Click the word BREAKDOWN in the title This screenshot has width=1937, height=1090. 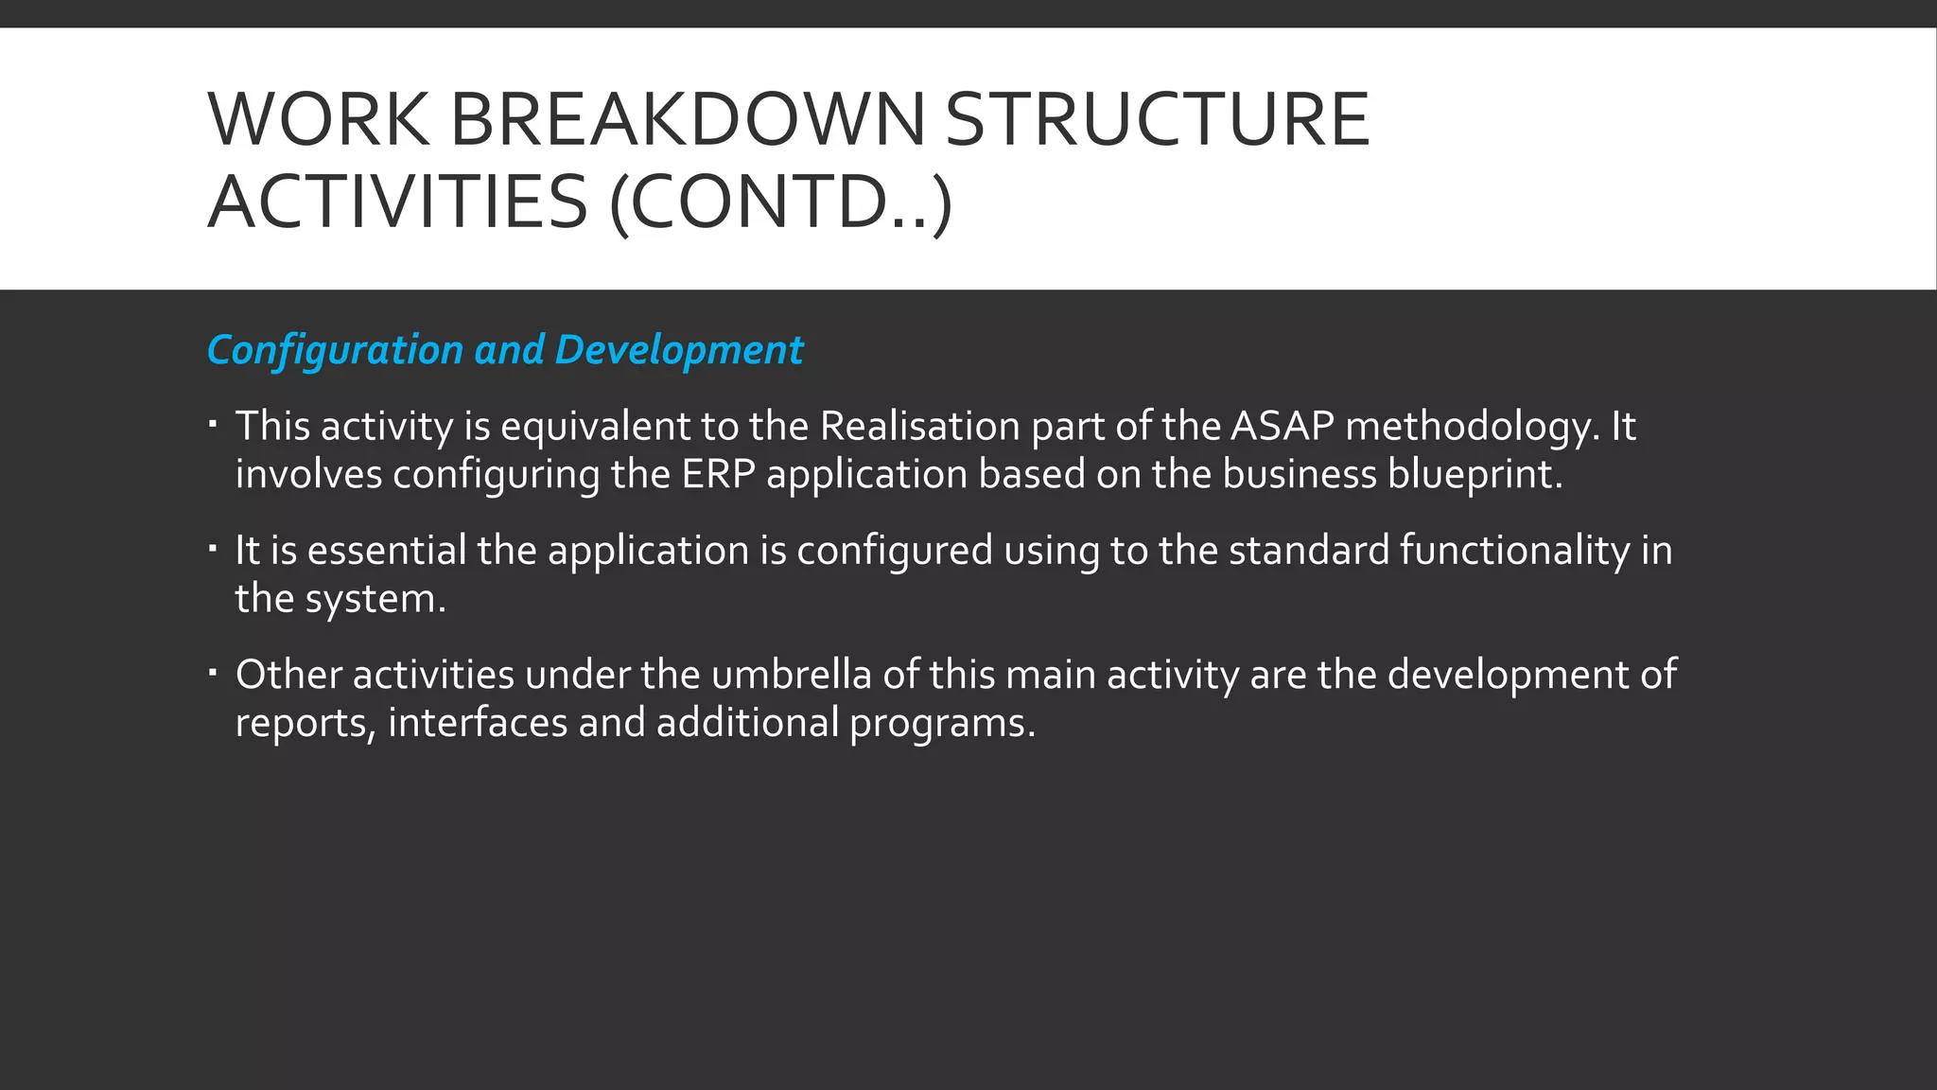pos(688,120)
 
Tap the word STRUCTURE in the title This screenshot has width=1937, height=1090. pos(1157,120)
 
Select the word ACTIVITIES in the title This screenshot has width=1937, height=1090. pos(397,202)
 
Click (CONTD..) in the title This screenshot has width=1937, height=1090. pos(780,203)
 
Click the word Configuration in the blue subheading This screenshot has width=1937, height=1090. pos(335,350)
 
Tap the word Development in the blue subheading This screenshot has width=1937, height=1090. pos(678,350)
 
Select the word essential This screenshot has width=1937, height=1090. pos(387,551)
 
